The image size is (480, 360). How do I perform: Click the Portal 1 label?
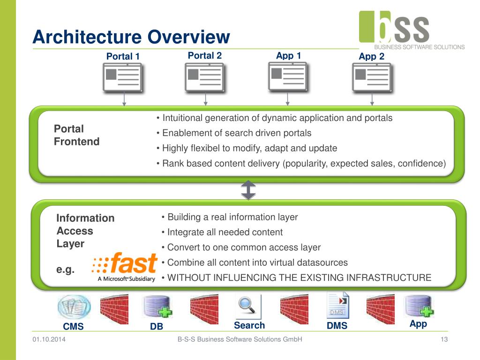click(x=123, y=57)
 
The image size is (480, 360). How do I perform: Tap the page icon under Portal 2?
click(x=204, y=78)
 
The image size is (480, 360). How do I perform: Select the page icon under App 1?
click(x=287, y=77)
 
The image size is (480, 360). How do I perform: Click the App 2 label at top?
click(x=371, y=57)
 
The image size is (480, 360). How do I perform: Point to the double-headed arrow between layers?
click(x=248, y=190)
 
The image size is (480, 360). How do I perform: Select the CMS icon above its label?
click(x=74, y=307)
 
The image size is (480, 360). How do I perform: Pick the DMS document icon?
click(x=337, y=305)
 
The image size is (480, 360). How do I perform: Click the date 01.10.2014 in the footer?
click(x=49, y=339)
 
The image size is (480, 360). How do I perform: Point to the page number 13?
click(x=444, y=339)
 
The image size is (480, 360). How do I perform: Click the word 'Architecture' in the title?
click(x=87, y=37)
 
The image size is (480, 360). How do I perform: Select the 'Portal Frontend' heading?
click(x=76, y=135)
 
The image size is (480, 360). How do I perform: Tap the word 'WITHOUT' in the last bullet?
click(x=188, y=277)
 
